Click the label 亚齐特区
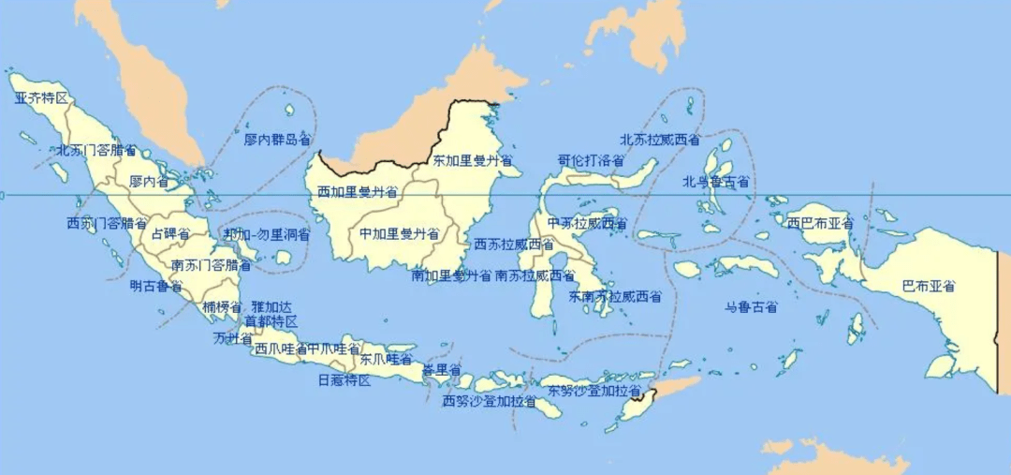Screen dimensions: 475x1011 42,98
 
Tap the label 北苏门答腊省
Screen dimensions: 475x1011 96,150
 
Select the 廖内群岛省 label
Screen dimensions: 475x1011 276,140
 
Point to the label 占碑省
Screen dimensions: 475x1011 169,233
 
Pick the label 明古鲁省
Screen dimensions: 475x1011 156,287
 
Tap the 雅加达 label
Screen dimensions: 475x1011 271,307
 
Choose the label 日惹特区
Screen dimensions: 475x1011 344,380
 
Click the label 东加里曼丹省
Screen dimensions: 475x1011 472,161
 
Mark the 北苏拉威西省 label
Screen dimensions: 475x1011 660,141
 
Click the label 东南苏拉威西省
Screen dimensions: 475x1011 614,297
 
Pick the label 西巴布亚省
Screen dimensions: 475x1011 820,224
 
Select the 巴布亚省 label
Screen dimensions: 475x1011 928,286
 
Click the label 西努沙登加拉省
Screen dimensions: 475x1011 490,402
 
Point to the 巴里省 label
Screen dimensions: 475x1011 441,370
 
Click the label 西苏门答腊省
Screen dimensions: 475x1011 107,224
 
